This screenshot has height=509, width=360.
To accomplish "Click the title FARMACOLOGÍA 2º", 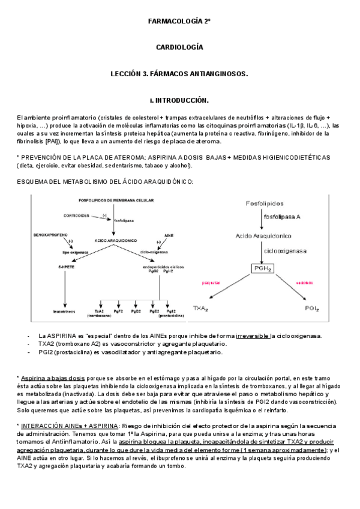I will click(179, 21).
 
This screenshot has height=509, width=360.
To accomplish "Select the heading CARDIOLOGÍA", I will click(179, 47).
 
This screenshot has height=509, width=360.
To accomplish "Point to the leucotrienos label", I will click(64, 312).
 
